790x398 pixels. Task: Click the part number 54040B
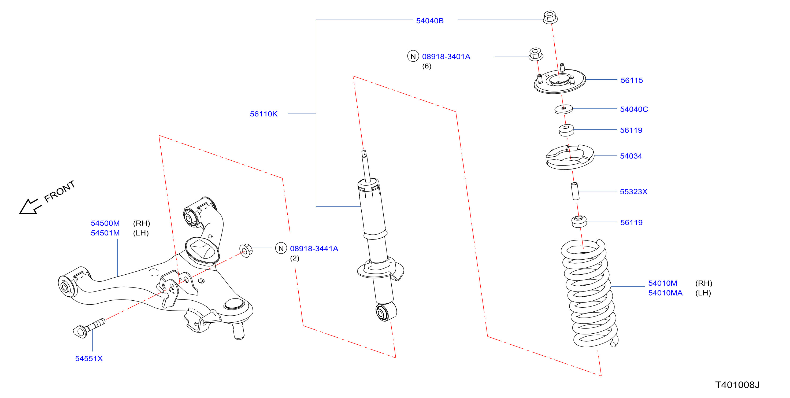click(430, 21)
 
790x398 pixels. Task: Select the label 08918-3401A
click(446, 57)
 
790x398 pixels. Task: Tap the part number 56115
click(632, 80)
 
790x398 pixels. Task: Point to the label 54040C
click(634, 109)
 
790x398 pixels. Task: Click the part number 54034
click(631, 156)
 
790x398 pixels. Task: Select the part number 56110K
click(264, 114)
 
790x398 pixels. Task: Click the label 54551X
click(89, 358)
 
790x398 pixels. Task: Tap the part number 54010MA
click(665, 293)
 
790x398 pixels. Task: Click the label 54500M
click(105, 223)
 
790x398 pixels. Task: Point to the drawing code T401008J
click(737, 385)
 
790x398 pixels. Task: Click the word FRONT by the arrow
click(60, 191)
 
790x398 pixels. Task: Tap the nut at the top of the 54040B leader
click(550, 17)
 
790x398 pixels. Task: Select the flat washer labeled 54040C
click(564, 109)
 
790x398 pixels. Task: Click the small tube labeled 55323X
click(575, 191)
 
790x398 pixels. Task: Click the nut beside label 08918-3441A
click(246, 250)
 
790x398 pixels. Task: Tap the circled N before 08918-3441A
click(281, 248)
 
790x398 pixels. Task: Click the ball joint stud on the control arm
click(239, 331)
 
